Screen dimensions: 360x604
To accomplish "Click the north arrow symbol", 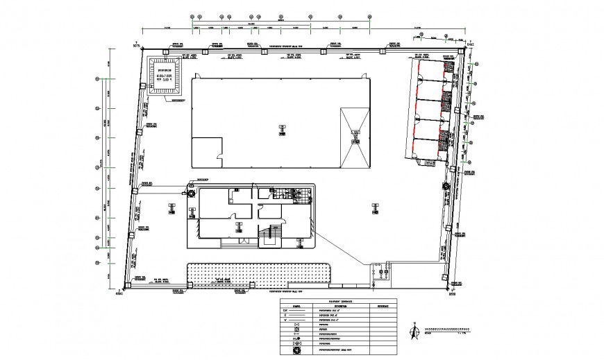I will click(414, 332).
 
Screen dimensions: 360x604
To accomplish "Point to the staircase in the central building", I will click(269, 237).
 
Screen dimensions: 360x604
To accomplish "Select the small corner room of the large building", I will click(206, 151).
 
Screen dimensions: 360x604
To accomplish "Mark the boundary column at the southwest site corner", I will click(126, 285).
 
